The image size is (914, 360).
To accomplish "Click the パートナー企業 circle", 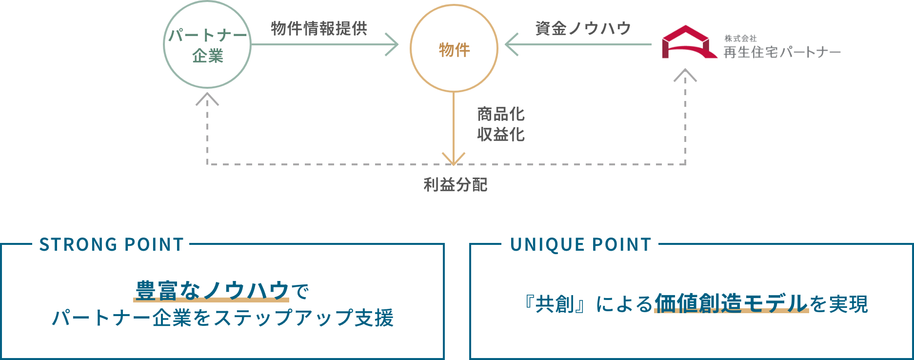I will [207, 45].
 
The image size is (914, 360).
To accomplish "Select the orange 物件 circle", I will [454, 49].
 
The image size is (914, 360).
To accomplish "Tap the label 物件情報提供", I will [319, 28].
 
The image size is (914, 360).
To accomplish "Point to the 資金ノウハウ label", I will [583, 28].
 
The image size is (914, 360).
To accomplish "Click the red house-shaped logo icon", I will [688, 42].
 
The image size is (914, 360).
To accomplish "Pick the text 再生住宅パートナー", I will [782, 52].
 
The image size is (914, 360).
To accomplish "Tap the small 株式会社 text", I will [740, 38].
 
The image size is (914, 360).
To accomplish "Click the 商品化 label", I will [501, 114].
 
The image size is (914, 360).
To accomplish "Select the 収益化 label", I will [501, 134].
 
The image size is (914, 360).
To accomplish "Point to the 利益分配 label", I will [455, 185].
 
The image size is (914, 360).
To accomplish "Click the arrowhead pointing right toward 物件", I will [393, 44].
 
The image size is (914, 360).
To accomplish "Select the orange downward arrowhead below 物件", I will [454, 159].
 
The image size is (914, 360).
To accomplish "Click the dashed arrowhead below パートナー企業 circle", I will [207, 99].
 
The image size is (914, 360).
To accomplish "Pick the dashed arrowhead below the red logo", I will [685, 75].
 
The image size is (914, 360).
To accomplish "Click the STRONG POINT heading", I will [111, 244].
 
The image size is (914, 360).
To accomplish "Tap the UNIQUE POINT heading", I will [580, 244].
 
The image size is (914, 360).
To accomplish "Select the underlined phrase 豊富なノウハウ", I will [212, 291].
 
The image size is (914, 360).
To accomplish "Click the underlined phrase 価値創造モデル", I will [731, 303].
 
